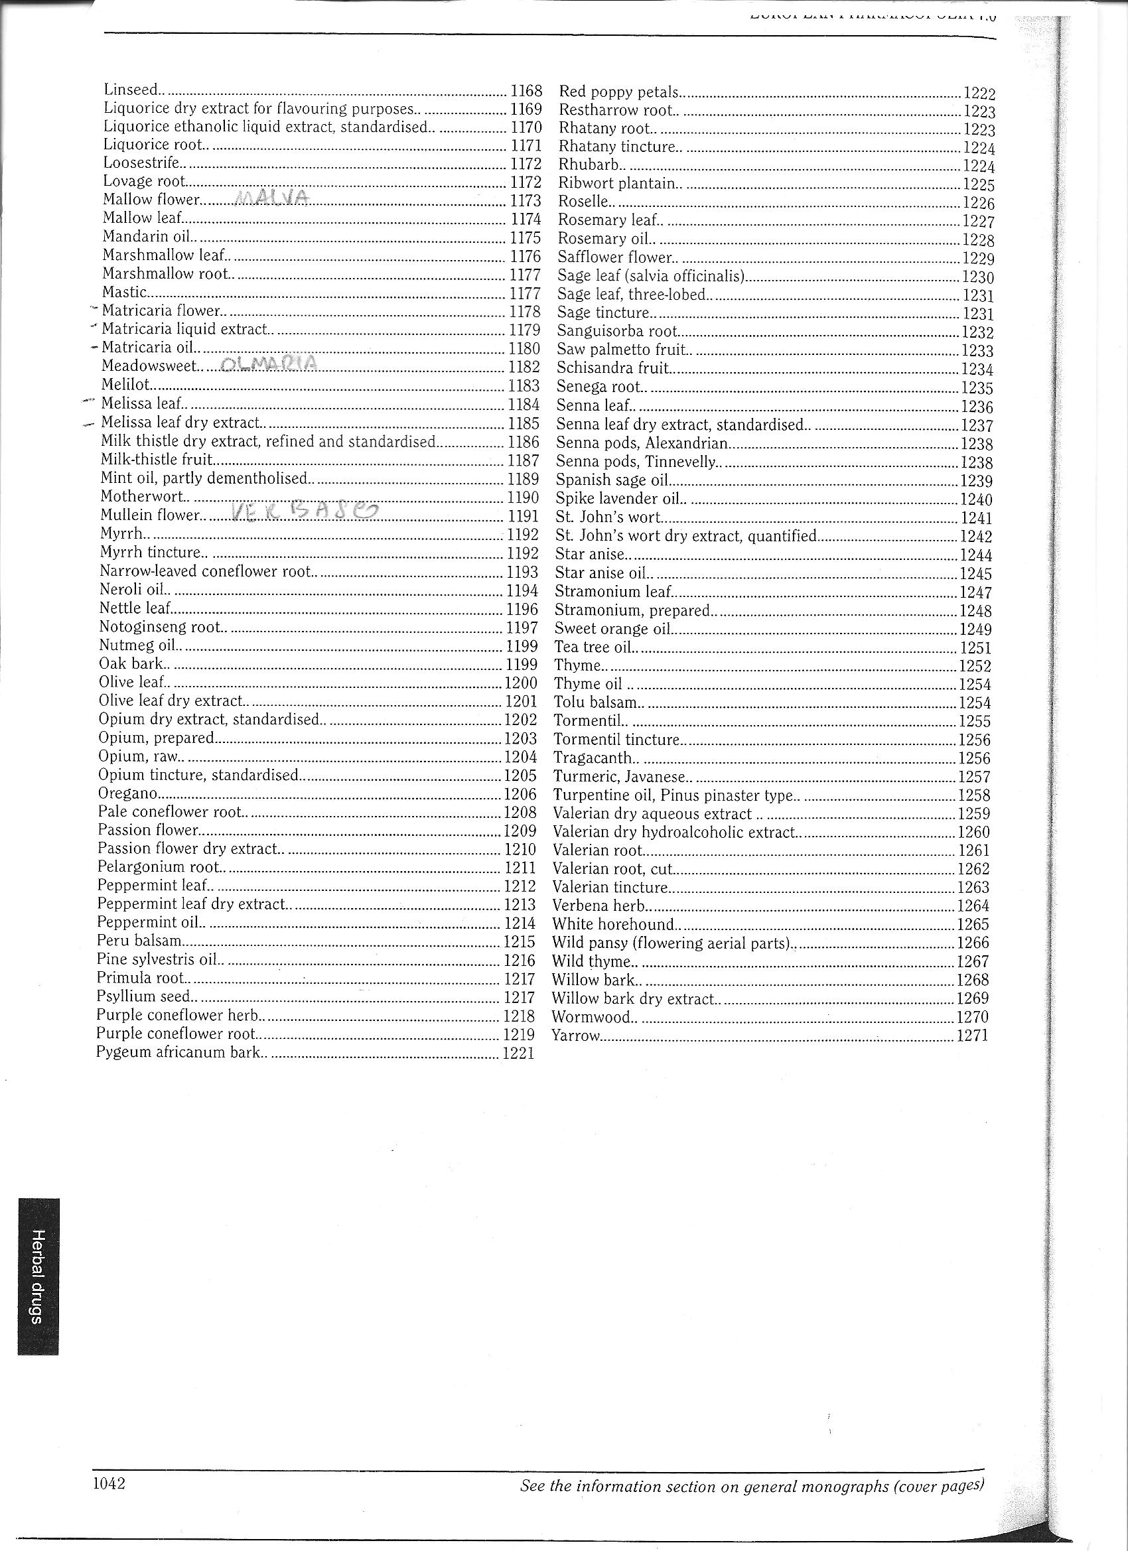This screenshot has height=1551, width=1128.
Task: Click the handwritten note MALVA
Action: click(x=273, y=198)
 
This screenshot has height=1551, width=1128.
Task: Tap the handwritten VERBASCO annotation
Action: click(x=304, y=512)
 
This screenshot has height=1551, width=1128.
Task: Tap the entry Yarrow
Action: click(x=575, y=1036)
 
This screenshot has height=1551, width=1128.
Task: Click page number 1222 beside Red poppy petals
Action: click(x=979, y=94)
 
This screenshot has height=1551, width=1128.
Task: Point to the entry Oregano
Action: click(x=128, y=793)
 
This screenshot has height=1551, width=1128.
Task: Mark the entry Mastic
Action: click(x=124, y=293)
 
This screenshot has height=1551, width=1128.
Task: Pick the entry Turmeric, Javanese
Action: click(x=618, y=777)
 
